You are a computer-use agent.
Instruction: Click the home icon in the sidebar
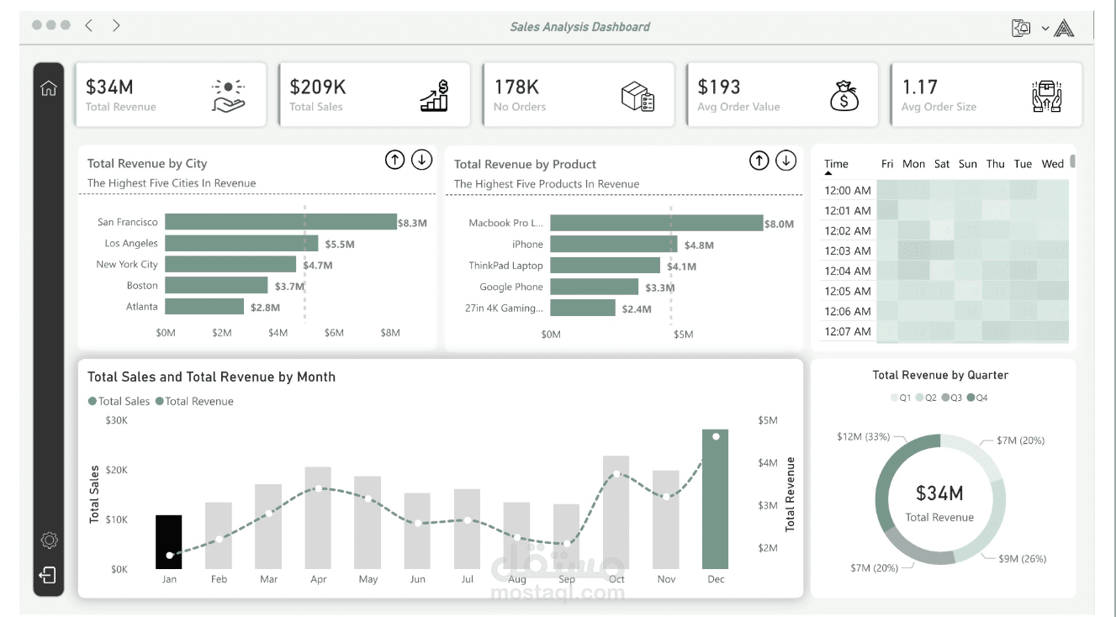pyautogui.click(x=49, y=88)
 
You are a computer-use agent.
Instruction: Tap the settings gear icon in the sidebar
pyautogui.click(x=49, y=540)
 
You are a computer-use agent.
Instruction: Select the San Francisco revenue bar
pyautogui.click(x=280, y=222)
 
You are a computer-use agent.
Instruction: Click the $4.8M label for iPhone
pyautogui.click(x=698, y=245)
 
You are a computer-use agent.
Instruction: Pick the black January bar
pyautogui.click(x=169, y=541)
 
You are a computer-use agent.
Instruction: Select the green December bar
pyautogui.click(x=715, y=498)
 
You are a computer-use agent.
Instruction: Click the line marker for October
pyautogui.click(x=616, y=474)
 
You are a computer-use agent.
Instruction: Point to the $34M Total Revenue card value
pyautogui.click(x=109, y=87)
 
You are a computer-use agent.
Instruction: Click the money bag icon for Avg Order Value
pyautogui.click(x=844, y=96)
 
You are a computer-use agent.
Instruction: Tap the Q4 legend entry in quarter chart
pyautogui.click(x=977, y=398)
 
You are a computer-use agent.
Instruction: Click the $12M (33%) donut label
pyautogui.click(x=863, y=437)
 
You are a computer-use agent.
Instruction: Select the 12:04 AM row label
pyautogui.click(x=847, y=271)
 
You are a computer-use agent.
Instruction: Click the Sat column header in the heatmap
pyautogui.click(x=942, y=164)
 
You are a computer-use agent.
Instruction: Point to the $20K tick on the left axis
pyautogui.click(x=116, y=470)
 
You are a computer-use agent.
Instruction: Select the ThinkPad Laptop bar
pyautogui.click(x=605, y=266)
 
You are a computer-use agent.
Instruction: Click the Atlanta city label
pyautogui.click(x=141, y=307)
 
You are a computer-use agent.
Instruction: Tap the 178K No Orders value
pyautogui.click(x=516, y=87)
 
